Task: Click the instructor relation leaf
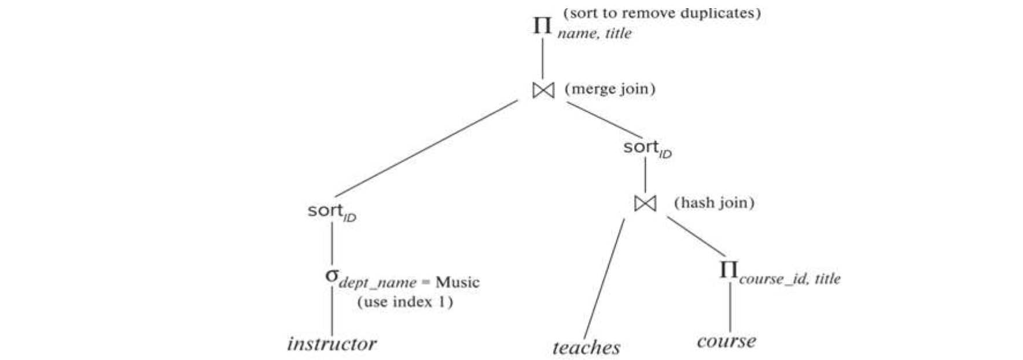click(332, 344)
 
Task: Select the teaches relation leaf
click(586, 347)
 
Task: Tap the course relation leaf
click(726, 341)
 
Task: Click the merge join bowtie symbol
click(543, 90)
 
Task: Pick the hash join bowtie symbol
click(645, 203)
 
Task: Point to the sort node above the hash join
click(647, 148)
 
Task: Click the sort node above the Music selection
click(331, 211)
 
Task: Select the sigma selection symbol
click(331, 275)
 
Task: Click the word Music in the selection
click(457, 282)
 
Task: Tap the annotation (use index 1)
click(405, 302)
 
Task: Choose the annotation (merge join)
click(610, 89)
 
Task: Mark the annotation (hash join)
click(714, 203)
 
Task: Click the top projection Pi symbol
click(542, 25)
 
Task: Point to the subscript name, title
click(594, 34)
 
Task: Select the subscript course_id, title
click(789, 279)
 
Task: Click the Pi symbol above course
click(728, 269)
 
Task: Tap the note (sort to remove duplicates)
click(662, 13)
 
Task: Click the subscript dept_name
click(377, 283)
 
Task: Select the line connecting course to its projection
click(730, 307)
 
